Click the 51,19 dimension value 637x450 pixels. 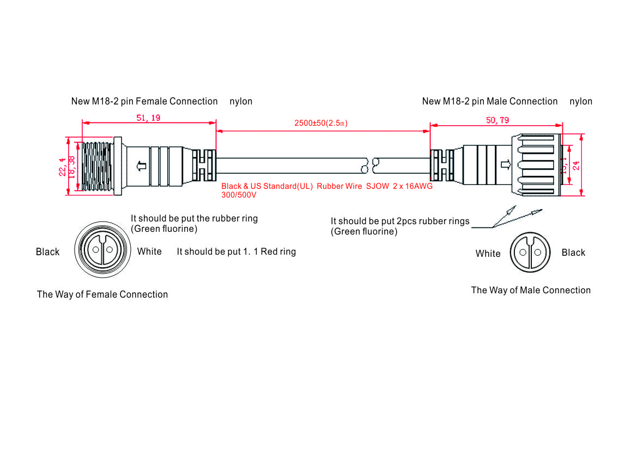coord(148,118)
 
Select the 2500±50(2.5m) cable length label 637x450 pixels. coord(321,123)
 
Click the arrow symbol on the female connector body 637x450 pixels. coord(142,165)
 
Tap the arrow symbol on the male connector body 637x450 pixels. coord(505,164)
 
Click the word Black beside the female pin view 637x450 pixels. coord(47,252)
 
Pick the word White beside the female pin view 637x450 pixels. coord(149,251)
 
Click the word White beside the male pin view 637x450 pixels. coord(488,254)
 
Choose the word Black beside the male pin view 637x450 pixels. coord(573,252)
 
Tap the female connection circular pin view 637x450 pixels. coord(102,250)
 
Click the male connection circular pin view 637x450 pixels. coord(530,252)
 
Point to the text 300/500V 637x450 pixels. coord(239,194)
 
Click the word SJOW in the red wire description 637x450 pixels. coord(378,186)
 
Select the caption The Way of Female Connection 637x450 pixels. coord(102,294)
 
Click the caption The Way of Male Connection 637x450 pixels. coord(531,290)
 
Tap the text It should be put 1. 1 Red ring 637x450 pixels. coord(236,251)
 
